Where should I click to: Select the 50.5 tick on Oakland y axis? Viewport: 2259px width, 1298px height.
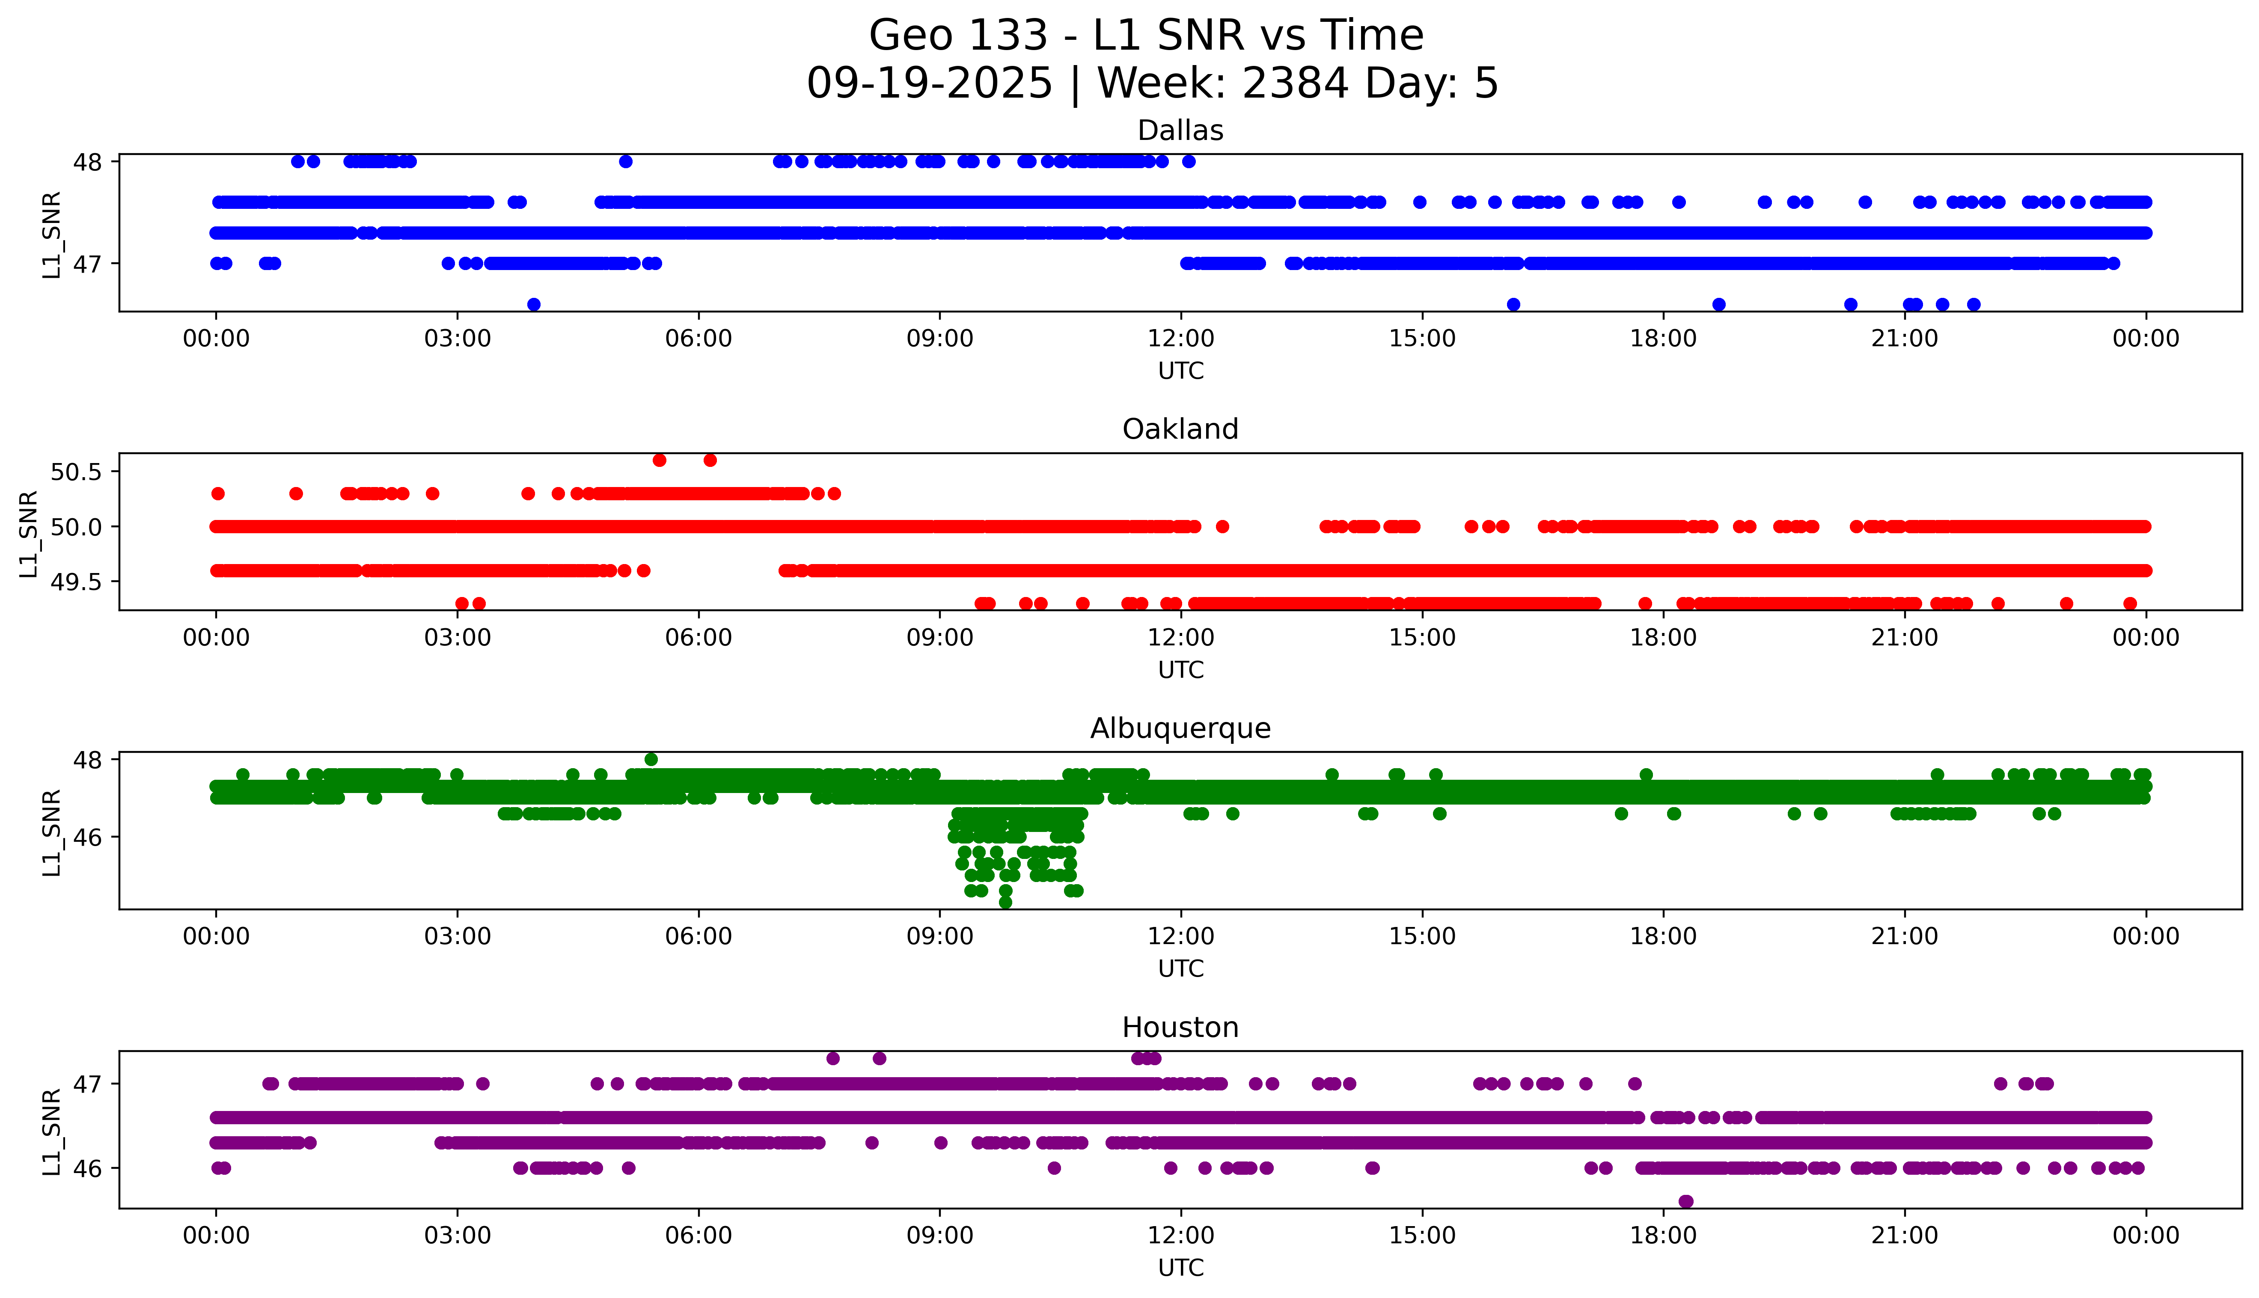tap(77, 472)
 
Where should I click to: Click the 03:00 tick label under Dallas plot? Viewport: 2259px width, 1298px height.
tap(458, 339)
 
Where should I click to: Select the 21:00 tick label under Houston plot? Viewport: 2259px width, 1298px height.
tap(1904, 1236)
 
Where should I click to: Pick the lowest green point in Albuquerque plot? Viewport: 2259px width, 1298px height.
tap(1005, 902)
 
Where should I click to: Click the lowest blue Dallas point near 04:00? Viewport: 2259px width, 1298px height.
tap(533, 304)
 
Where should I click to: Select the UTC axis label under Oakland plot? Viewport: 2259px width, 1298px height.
tap(1180, 669)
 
